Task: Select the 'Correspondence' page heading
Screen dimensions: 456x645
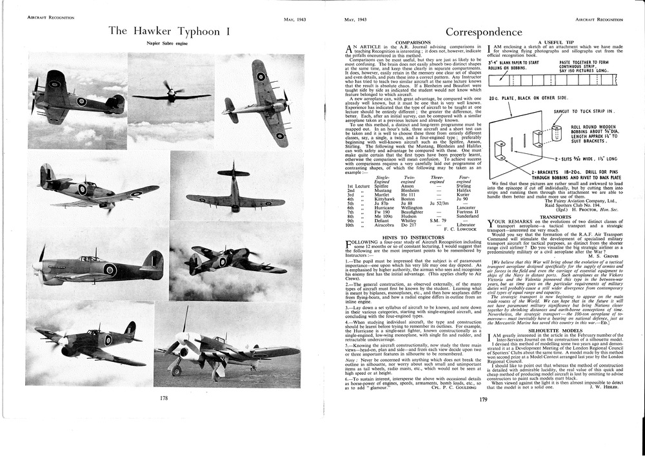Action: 484,32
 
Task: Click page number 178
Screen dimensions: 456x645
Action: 164,399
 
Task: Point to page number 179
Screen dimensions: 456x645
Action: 484,399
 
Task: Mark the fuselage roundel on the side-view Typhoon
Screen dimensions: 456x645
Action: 110,269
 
